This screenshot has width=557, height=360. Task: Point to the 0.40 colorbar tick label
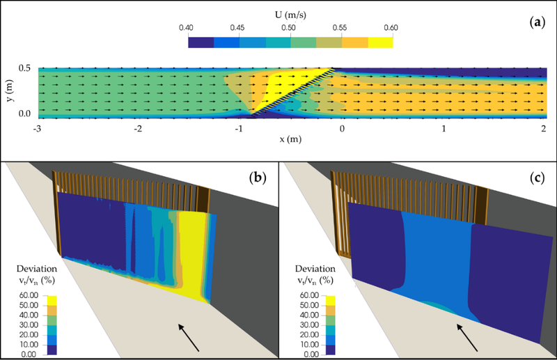point(186,28)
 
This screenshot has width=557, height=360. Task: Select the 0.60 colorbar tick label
point(391,28)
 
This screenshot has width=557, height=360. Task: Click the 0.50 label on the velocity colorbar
point(289,28)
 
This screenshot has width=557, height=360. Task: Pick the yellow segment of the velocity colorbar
point(380,42)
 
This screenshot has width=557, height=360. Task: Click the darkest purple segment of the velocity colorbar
point(201,42)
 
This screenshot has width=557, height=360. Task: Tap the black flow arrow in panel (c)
point(467,338)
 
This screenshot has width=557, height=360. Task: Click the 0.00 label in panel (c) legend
point(307,354)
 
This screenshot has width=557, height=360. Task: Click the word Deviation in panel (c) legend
point(315,269)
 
